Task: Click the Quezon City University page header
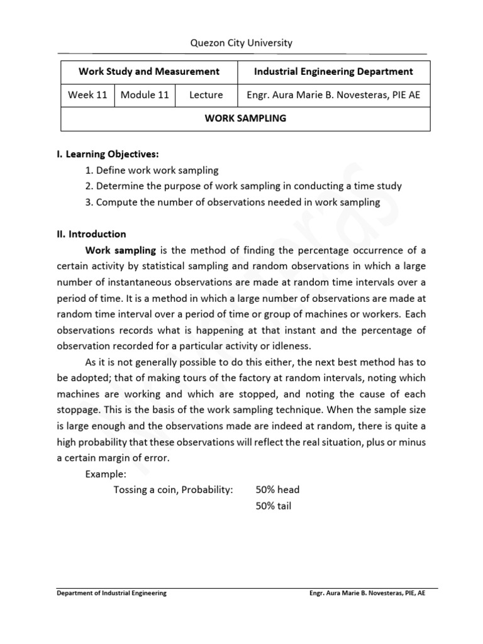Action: [x=241, y=43]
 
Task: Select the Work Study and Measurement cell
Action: [x=148, y=72]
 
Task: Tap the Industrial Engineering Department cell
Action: [x=333, y=72]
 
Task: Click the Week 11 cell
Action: [x=87, y=95]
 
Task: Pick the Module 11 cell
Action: [x=145, y=95]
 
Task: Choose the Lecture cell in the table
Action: [x=206, y=95]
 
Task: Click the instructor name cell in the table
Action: [x=333, y=95]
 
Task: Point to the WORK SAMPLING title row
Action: [x=245, y=118]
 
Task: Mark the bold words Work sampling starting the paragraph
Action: [x=121, y=250]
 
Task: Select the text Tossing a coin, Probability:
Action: [x=173, y=490]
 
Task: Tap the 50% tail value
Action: [x=274, y=506]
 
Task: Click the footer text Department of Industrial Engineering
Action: [x=111, y=593]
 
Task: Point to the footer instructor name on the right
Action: [x=367, y=593]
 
